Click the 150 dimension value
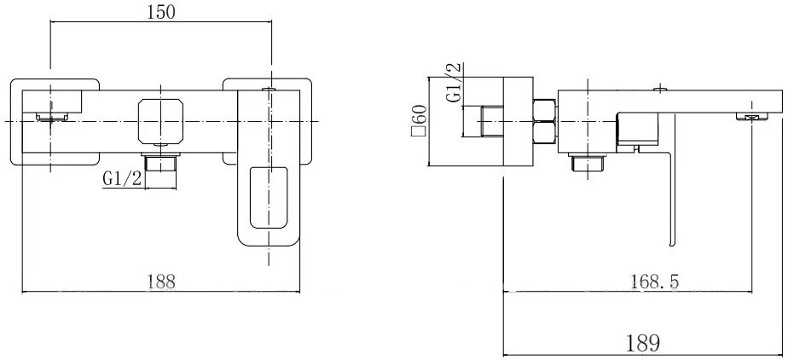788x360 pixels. [x=161, y=13]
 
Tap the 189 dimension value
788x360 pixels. [x=644, y=344]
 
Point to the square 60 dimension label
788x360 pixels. [x=419, y=120]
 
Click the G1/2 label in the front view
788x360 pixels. [x=122, y=178]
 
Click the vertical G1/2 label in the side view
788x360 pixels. [x=455, y=84]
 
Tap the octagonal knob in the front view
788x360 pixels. [x=160, y=121]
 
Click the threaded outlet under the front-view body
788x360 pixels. [x=160, y=162]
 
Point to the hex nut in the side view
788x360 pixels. [x=544, y=121]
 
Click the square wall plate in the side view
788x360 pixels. [x=518, y=121]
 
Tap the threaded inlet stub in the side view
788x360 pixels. [x=492, y=121]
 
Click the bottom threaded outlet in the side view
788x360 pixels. [x=588, y=162]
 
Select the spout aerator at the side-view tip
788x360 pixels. [x=752, y=117]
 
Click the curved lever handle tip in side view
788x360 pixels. [x=672, y=243]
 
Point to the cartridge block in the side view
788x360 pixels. [x=637, y=129]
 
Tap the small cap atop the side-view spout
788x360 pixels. [x=660, y=89]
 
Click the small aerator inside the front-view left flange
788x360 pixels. [x=50, y=118]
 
